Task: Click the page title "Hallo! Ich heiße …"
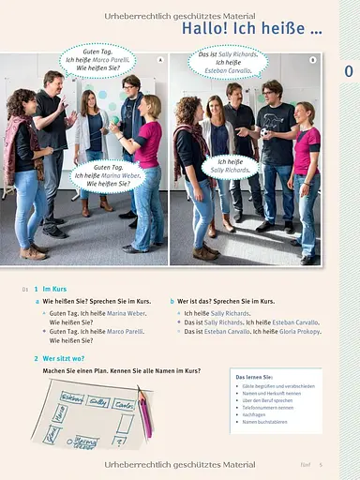click(x=252, y=30)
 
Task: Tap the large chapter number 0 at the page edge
click(x=348, y=71)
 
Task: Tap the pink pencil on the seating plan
click(x=144, y=413)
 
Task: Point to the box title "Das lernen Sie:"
click(x=254, y=375)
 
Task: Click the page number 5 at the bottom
click(x=320, y=464)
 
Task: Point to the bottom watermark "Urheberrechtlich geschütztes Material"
click(x=180, y=464)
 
